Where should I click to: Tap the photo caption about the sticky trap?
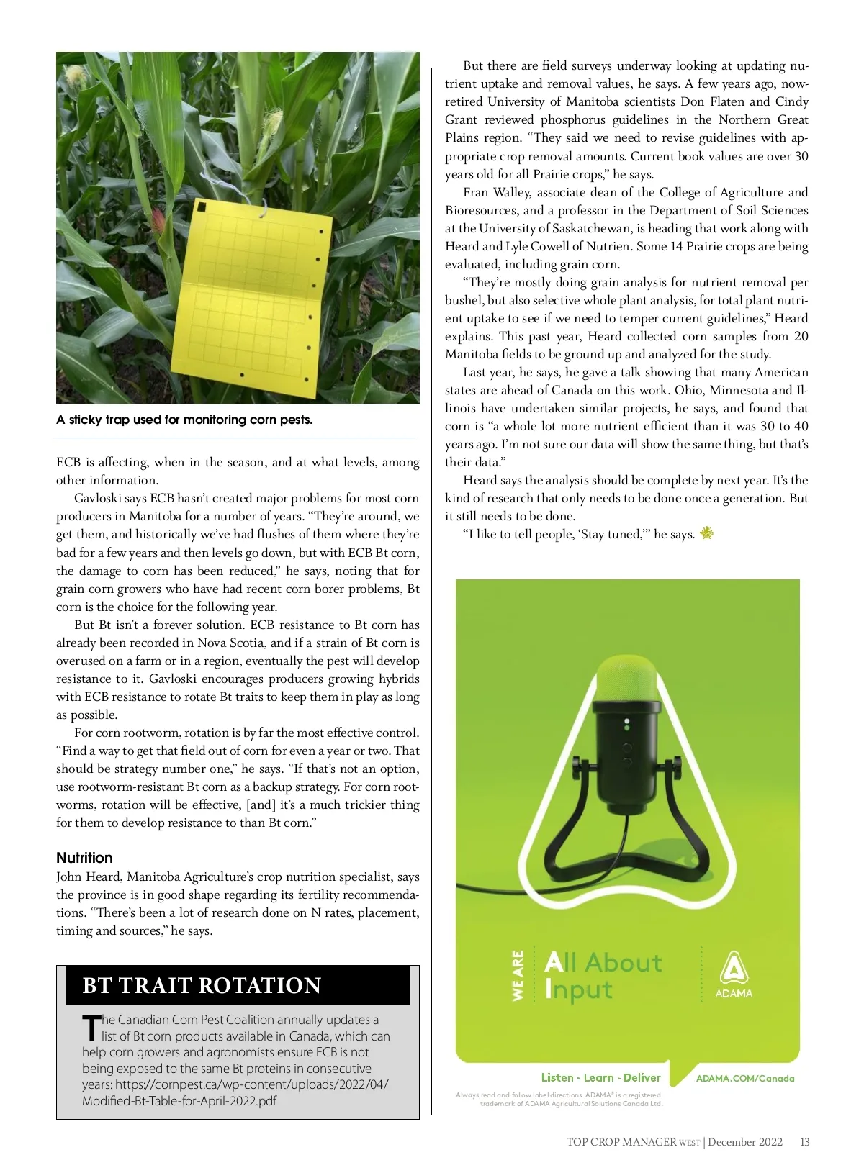[184, 420]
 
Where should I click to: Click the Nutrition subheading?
[85, 858]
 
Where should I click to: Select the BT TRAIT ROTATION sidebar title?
[202, 985]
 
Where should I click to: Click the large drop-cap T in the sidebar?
[91, 1027]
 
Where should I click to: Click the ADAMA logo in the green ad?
[734, 975]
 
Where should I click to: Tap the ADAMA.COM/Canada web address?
[745, 1078]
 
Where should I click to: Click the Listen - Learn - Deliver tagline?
[600, 1077]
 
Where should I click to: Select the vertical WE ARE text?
[518, 975]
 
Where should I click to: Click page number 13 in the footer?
[804, 1142]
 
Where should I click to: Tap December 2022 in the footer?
[745, 1142]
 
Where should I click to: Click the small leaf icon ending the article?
[706, 533]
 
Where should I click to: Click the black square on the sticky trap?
[202, 207]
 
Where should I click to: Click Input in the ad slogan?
[579, 989]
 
